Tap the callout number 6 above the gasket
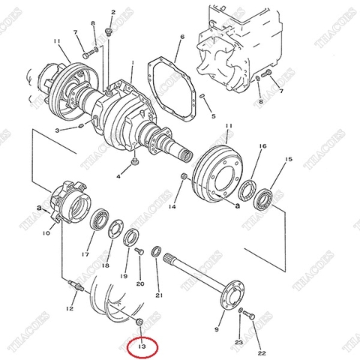[181, 37]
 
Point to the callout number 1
[133, 64]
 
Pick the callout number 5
[213, 116]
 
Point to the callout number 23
[238, 342]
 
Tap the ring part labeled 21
[158, 250]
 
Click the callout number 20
[140, 283]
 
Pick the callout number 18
[106, 265]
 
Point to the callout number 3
[56, 130]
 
